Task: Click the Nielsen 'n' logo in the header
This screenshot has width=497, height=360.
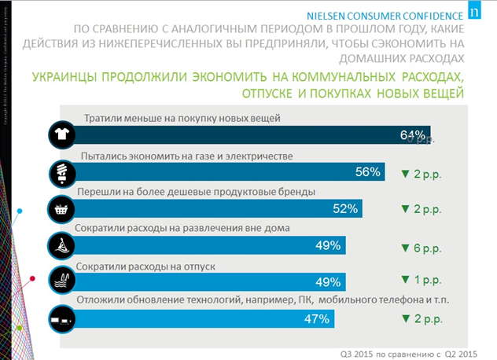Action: [473, 13]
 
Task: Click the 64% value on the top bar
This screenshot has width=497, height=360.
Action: [412, 135]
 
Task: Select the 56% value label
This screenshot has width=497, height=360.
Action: [368, 172]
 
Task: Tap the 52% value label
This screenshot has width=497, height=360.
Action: [346, 209]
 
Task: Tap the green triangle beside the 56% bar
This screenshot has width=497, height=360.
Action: [406, 173]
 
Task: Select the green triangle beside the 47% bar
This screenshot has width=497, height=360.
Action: [406, 318]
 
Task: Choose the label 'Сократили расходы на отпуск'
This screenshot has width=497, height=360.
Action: [142, 265]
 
